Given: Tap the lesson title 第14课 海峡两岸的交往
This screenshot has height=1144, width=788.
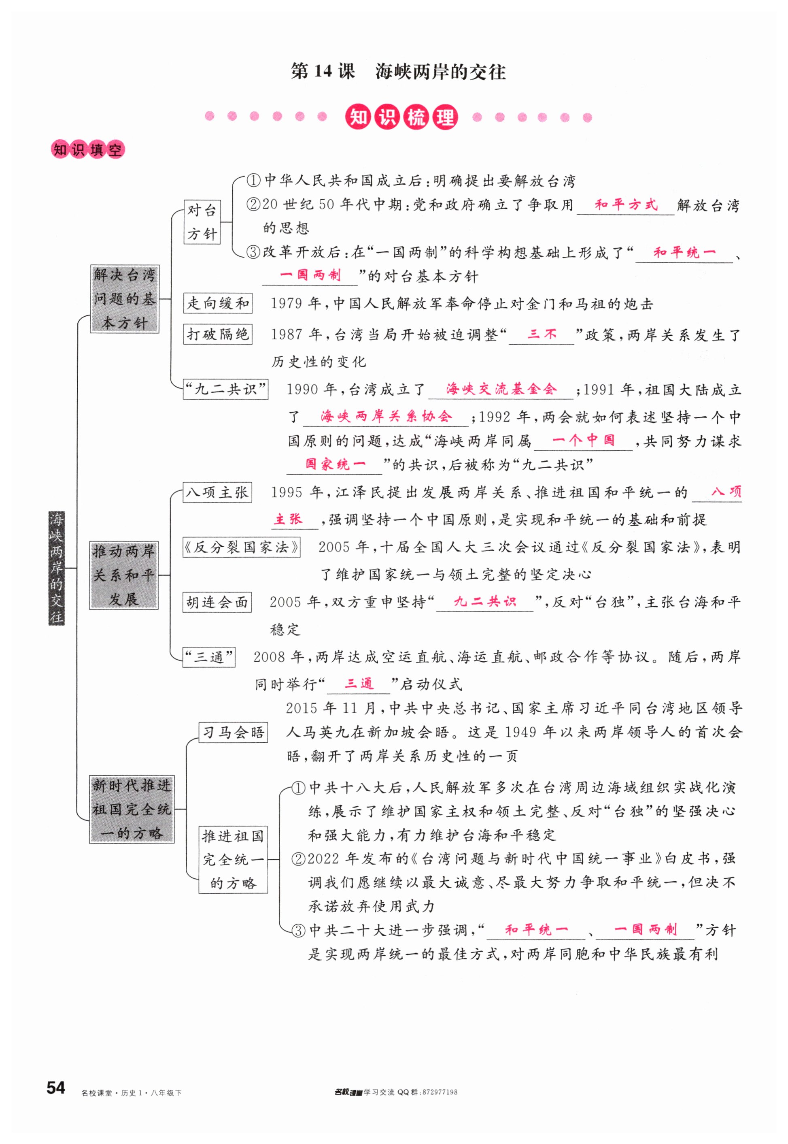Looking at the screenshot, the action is (398, 72).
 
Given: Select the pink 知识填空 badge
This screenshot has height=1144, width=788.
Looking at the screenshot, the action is (87, 150).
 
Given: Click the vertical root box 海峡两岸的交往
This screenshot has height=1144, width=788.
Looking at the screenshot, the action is (56, 568).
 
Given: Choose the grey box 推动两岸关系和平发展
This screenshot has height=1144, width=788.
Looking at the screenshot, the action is (124, 575).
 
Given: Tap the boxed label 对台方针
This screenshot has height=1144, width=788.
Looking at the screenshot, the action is (202, 222).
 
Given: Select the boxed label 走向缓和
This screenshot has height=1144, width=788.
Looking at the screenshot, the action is (217, 303).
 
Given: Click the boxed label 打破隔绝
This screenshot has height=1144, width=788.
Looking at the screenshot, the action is (217, 334).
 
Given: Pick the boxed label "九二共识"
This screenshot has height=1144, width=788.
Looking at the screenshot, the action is (225, 390).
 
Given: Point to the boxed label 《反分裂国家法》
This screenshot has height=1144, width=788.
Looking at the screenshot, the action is (242, 548).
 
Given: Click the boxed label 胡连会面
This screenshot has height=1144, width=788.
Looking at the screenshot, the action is (217, 602).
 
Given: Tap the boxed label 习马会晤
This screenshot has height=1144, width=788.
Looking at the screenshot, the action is (233, 732).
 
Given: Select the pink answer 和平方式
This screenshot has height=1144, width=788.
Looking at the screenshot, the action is (626, 205).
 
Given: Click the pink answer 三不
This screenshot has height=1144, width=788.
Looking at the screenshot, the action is (542, 334).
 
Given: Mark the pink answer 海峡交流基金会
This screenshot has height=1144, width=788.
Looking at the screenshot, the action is (501, 389).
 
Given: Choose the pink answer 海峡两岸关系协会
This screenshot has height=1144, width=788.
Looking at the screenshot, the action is (386, 416).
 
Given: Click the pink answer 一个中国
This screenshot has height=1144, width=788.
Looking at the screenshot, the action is (583, 440).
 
